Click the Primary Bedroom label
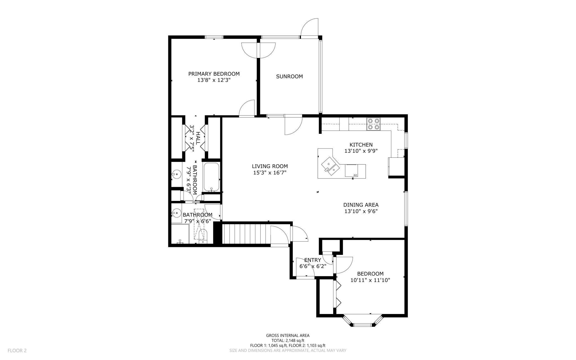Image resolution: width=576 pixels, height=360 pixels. pos(214,74)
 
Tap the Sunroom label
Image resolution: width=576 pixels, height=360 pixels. pos(289,76)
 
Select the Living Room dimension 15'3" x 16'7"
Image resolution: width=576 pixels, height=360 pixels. pos(270,173)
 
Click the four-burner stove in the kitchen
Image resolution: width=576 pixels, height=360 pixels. pos(373,124)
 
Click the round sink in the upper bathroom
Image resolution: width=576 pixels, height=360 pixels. pos(176,174)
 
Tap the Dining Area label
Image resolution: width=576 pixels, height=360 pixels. pos(361,205)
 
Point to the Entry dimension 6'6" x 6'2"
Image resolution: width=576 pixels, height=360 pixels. pos(313,266)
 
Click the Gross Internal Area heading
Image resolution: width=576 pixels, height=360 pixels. pos(288,335)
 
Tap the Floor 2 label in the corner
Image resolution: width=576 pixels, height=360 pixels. pos(17,351)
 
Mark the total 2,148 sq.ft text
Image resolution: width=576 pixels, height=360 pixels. pos(288,340)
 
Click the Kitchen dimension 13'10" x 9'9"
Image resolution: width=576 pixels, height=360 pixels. pos(361,151)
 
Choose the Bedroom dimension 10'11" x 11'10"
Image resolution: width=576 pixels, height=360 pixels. pos(370,280)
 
